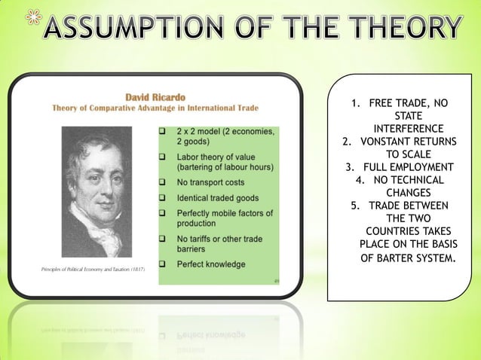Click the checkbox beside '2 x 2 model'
click(x=163, y=131)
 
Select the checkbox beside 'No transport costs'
click(x=163, y=182)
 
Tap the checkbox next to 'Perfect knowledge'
click(x=163, y=264)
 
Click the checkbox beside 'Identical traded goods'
click(x=163, y=198)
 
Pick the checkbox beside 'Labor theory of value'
click(x=163, y=156)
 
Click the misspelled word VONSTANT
click(x=391, y=141)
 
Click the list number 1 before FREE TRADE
click(x=354, y=102)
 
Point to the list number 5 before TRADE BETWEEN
click(x=354, y=206)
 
